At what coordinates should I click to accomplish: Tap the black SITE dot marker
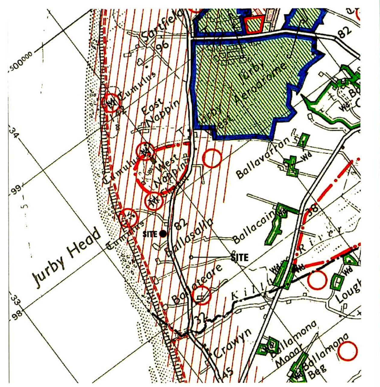[x=163, y=234]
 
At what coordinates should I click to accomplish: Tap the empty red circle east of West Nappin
[x=212, y=158]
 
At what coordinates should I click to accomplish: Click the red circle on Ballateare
[x=202, y=295]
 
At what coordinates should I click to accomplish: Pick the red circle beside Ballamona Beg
[x=348, y=351]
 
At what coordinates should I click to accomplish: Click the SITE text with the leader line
[x=240, y=257]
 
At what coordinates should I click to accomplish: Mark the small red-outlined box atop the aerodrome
[x=254, y=24]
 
